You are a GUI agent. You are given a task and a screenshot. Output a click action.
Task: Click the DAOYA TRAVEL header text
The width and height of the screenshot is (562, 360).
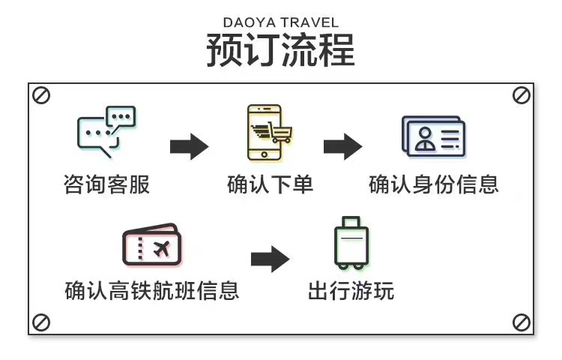pos(281,22)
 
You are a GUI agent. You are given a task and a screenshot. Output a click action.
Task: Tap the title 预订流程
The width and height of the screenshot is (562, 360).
pos(281,50)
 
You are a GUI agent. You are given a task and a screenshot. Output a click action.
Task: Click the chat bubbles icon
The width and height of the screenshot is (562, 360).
pos(106,132)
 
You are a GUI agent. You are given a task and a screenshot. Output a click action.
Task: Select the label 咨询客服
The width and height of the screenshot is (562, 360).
pos(106,184)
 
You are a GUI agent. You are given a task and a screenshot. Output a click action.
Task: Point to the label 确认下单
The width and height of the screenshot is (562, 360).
pos(270,184)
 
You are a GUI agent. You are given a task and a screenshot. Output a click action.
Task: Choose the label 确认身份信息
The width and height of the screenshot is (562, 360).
pos(434,184)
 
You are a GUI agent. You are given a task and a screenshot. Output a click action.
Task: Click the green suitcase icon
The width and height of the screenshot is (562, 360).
pos(351,243)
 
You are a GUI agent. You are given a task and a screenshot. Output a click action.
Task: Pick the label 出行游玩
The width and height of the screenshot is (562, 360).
pos(351,290)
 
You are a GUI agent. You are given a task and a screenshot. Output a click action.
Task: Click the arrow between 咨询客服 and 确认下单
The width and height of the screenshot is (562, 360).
pos(189,146)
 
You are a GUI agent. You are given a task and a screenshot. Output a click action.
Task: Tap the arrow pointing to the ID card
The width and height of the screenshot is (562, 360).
pos(343,146)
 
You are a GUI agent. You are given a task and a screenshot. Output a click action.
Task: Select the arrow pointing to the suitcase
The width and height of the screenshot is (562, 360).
pos(270,259)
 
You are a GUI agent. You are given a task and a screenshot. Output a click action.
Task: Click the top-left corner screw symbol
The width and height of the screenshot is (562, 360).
pos(41,95)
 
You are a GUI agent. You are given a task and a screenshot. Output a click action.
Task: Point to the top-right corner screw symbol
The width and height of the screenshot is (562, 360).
pos(521,95)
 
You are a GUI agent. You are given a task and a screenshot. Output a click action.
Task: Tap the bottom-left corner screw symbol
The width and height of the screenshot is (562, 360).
pos(41,322)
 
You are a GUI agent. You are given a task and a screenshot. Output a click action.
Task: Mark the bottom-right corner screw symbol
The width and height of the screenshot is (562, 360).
pos(521,322)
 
